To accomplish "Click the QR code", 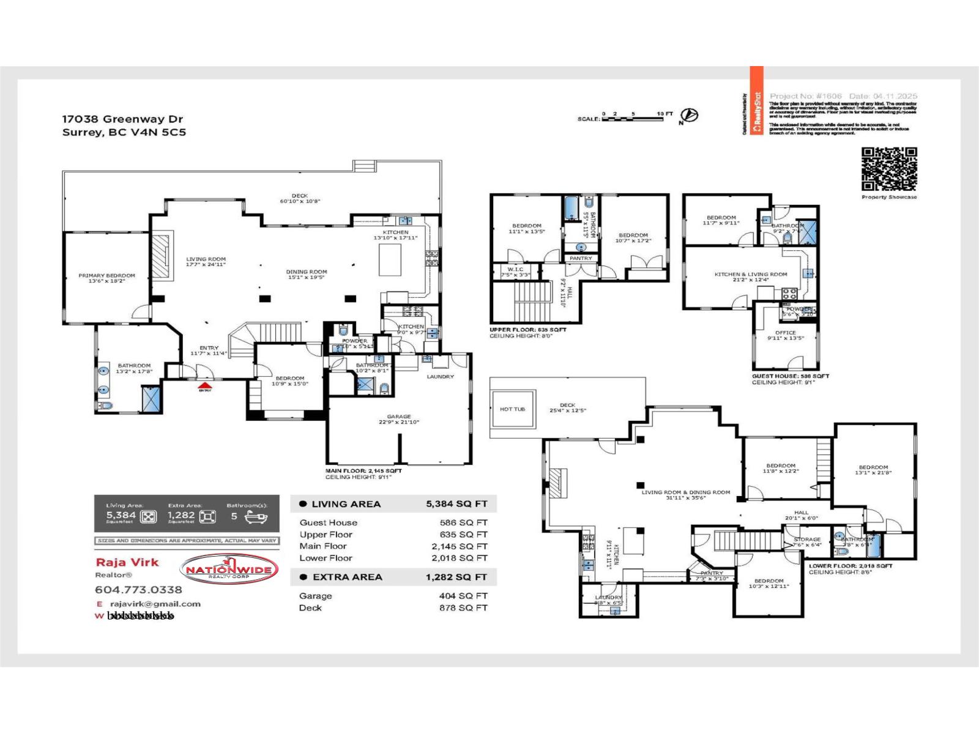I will (889, 169).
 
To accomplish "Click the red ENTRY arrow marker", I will (205, 385).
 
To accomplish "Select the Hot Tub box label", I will (512, 409).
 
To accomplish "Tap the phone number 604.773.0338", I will (138, 590).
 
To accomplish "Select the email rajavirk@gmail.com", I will (155, 604).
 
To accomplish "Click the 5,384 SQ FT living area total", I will (456, 504).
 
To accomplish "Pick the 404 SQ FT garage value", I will (463, 596).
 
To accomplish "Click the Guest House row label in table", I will (328, 522).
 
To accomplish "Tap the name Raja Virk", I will (127, 562).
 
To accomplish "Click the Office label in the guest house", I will (786, 333).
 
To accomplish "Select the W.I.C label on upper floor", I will (515, 269).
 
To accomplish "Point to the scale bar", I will (632, 119).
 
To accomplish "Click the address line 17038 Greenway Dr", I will (122, 119).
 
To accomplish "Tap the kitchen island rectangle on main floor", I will (390, 260).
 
